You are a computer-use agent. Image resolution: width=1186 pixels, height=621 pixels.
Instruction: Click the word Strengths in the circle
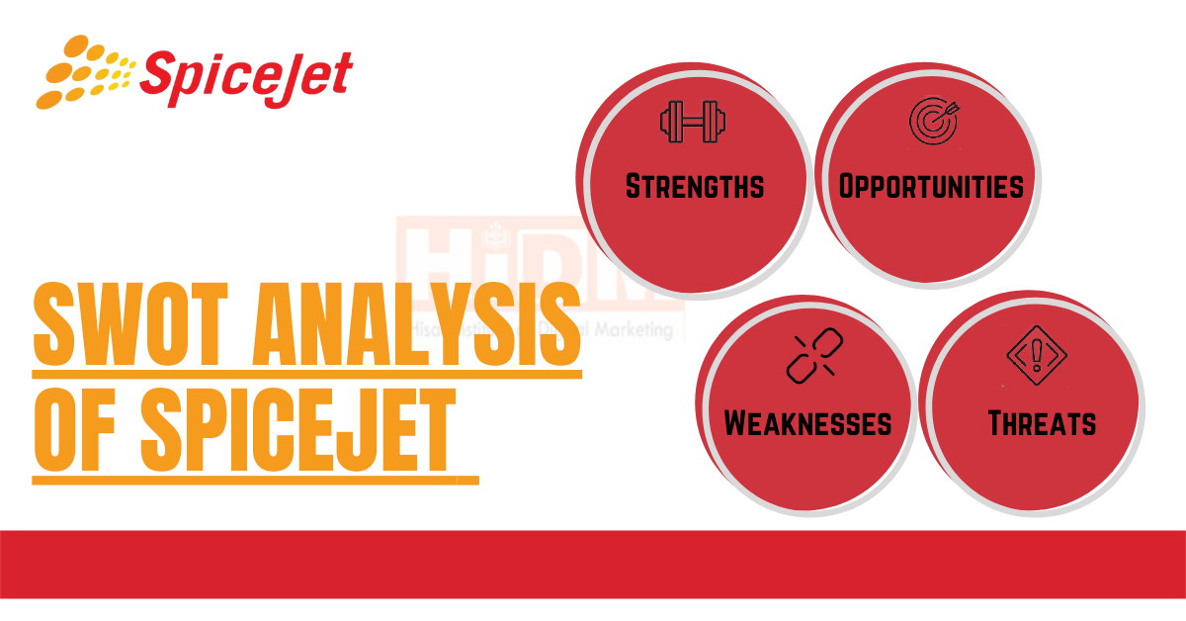pyautogui.click(x=695, y=186)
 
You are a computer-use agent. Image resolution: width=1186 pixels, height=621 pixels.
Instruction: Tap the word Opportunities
pyautogui.click(x=930, y=186)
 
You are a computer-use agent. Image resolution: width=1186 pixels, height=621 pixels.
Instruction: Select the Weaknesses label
pyautogui.click(x=807, y=423)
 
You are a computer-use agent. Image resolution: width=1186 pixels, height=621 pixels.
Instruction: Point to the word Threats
pyautogui.click(x=1042, y=424)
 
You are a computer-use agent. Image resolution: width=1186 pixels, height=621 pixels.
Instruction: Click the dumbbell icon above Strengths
pyautogui.click(x=693, y=123)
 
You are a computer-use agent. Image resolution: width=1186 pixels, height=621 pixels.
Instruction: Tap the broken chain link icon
pyautogui.click(x=809, y=357)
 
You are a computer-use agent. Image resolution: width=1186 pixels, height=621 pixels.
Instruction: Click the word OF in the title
pyautogui.click(x=79, y=429)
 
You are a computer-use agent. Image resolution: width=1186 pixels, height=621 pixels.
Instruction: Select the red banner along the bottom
pyautogui.click(x=593, y=564)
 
